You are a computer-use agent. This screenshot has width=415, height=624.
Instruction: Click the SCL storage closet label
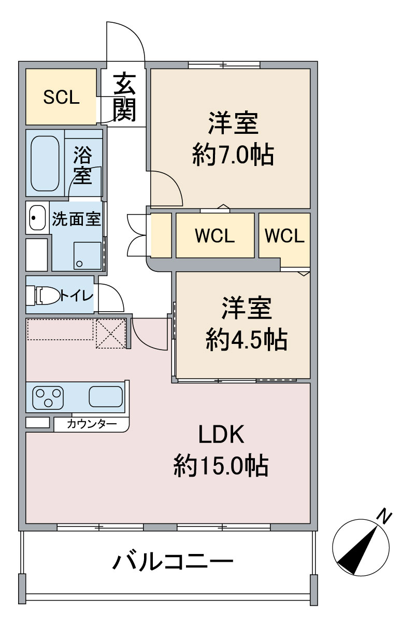pyautogui.click(x=61, y=98)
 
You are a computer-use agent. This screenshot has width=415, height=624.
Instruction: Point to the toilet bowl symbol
pyautogui.click(x=44, y=296)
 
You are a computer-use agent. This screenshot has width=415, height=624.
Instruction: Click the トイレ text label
pyautogui.click(x=77, y=296)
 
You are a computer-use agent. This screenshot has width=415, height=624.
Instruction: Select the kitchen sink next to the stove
pyautogui.click(x=106, y=397)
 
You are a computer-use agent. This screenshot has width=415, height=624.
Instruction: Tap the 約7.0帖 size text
pyautogui.click(x=233, y=154)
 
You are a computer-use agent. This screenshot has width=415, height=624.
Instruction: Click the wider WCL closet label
pyautogui.click(x=215, y=236)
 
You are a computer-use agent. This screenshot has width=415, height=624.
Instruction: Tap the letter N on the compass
pyautogui.click(x=383, y=516)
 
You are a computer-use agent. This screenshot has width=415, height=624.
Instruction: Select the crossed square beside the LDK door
pyautogui.click(x=110, y=334)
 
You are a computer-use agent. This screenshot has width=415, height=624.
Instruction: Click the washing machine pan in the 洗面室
pyautogui.click(x=88, y=256)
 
